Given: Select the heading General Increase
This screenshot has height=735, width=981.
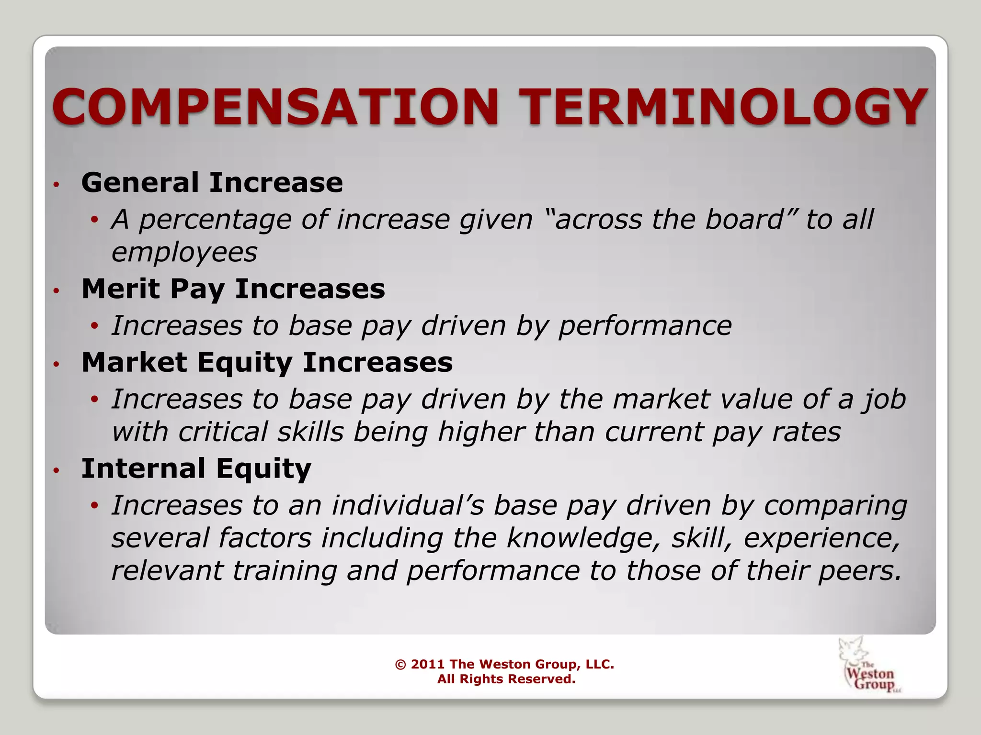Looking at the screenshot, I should (x=212, y=182).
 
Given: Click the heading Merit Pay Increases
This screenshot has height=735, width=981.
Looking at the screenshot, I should (x=233, y=289).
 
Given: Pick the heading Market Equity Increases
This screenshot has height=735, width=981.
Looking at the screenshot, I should (x=267, y=362).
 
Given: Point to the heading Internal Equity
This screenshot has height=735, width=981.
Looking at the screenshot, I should (x=196, y=468).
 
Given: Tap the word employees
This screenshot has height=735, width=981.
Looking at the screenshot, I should (x=184, y=252).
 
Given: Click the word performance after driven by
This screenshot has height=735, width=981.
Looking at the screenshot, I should (x=645, y=326).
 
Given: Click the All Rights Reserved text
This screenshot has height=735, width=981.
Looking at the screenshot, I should (x=506, y=679).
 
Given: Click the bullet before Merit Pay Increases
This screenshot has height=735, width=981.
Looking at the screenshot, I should (x=56, y=290).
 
